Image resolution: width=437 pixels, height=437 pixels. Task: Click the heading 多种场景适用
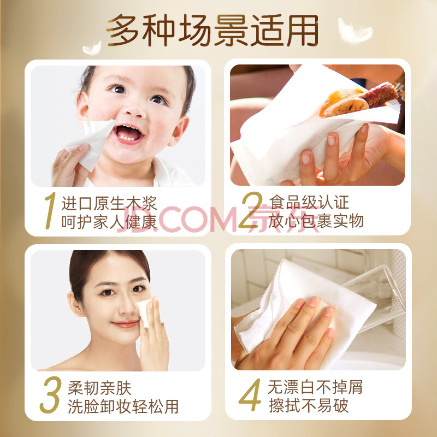click(x=212, y=30)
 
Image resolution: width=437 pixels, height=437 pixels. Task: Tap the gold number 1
click(x=50, y=211)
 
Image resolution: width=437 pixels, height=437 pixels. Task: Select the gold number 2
click(x=251, y=210)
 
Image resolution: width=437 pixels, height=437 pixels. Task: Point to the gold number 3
click(x=51, y=394)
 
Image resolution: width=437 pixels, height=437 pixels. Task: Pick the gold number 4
click(x=250, y=394)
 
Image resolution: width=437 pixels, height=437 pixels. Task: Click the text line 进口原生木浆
click(x=109, y=203)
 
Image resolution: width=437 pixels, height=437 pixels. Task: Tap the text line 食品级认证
click(x=309, y=202)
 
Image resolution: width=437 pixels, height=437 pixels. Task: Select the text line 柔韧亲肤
click(x=99, y=388)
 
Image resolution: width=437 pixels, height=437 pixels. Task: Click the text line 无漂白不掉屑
click(x=315, y=387)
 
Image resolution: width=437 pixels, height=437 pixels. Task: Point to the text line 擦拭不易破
click(x=309, y=405)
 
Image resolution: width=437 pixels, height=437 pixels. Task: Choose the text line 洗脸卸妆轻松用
click(x=123, y=406)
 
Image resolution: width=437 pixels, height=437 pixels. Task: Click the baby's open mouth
click(x=128, y=133)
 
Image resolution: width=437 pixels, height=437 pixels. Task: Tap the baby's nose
click(x=134, y=110)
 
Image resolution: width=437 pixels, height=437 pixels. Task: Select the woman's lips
click(x=125, y=324)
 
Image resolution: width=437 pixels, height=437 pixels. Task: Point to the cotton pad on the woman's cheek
click(x=144, y=312)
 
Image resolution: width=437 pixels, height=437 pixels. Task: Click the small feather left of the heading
click(x=92, y=48)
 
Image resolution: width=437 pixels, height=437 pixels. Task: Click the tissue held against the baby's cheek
click(x=92, y=142)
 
